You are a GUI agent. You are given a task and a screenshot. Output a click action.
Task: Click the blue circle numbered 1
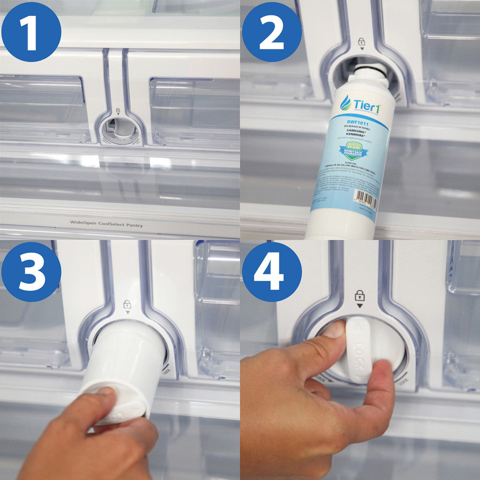(31, 32)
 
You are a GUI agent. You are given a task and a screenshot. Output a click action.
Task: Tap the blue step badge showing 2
(272, 32)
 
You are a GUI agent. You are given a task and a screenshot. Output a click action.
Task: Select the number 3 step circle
(31, 272)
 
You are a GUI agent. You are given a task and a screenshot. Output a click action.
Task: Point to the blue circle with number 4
(272, 272)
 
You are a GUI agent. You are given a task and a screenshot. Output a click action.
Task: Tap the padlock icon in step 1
(118, 110)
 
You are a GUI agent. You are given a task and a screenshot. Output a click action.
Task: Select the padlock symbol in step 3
(128, 304)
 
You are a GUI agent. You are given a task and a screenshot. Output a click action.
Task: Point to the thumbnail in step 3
(106, 394)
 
